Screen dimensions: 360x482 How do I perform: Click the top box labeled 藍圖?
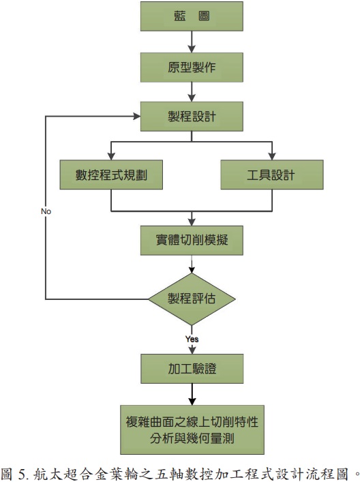192,16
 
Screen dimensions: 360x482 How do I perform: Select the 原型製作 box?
192,67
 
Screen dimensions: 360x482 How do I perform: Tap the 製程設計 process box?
192,117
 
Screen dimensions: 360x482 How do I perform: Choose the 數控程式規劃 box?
111,175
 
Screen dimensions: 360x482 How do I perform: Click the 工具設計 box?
272,175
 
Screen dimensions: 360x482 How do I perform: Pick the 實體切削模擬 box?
192,241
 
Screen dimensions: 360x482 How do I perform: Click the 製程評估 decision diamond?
192,299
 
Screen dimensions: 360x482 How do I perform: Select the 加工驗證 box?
192,369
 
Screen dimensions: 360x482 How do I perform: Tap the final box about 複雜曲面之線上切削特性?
192,430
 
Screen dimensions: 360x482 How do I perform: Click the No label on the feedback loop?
46,211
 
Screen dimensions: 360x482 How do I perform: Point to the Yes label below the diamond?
192,339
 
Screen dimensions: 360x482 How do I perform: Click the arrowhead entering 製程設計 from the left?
137,116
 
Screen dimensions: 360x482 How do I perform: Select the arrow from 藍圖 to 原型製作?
192,42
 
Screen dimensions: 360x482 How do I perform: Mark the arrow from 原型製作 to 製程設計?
192,92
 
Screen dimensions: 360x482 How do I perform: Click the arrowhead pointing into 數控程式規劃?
111,156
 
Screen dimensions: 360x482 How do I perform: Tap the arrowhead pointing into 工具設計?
272,156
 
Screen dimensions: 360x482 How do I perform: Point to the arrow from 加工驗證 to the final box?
192,394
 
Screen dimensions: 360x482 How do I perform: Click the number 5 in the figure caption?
22,475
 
